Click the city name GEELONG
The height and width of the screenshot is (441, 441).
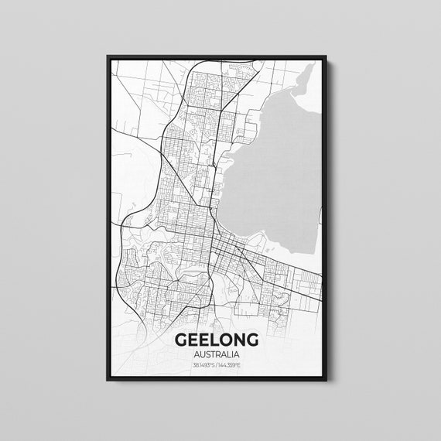(x=217, y=340)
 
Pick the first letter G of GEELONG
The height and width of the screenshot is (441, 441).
(x=182, y=340)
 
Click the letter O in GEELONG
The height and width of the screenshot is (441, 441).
(x=224, y=340)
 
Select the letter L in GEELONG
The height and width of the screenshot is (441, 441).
(x=212, y=340)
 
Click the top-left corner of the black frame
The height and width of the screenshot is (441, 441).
(x=105, y=56)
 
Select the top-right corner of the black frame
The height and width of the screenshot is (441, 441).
(x=328, y=56)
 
